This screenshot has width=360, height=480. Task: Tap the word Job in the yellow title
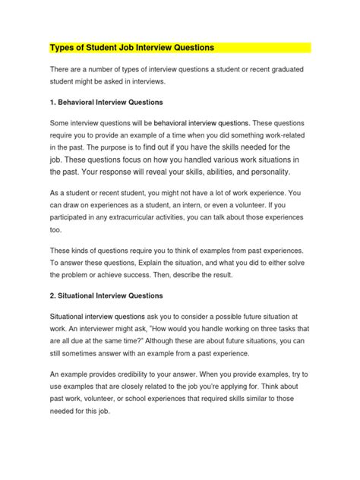tap(134, 48)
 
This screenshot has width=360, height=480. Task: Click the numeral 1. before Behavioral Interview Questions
tap(52, 100)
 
